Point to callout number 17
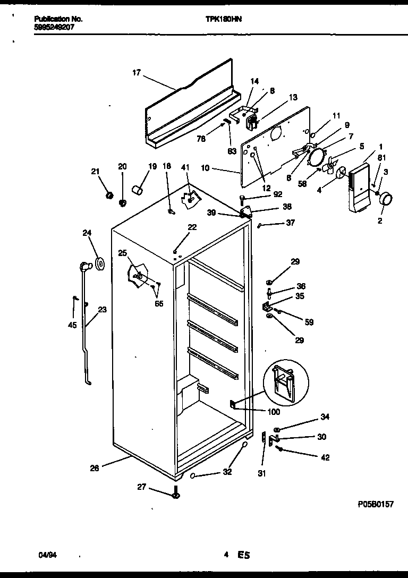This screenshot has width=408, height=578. tap(137, 73)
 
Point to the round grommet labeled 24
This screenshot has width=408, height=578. tap(99, 262)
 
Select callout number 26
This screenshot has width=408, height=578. tap(94, 468)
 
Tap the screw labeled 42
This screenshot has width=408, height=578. tap(281, 449)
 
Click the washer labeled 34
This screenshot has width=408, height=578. tap(277, 429)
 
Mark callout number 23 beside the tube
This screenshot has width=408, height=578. tap(101, 309)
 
